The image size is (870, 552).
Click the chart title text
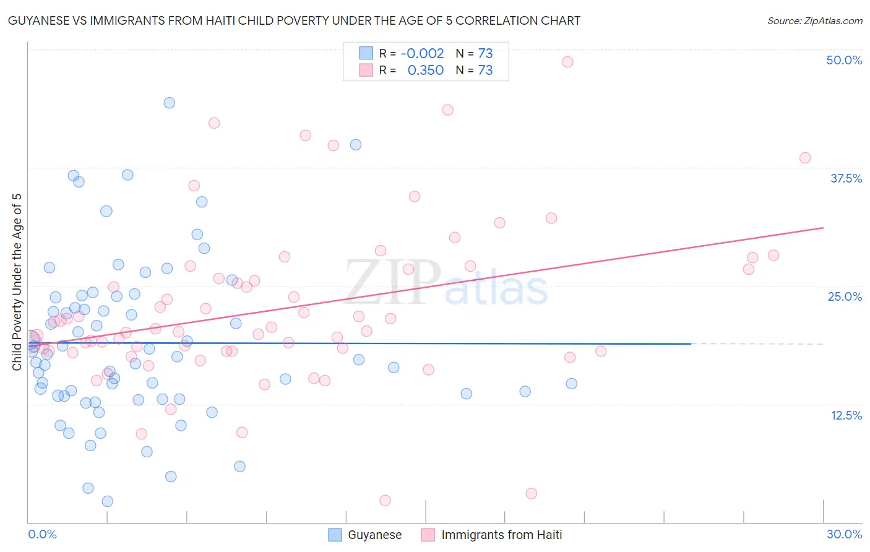(x=294, y=21)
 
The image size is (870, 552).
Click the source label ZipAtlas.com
(x=814, y=21)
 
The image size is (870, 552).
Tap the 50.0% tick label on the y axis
(x=844, y=60)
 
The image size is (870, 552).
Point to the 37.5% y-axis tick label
(x=846, y=178)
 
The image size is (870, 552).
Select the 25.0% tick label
(x=845, y=296)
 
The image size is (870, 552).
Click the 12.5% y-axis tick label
(x=846, y=415)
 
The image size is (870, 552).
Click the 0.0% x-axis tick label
(x=42, y=534)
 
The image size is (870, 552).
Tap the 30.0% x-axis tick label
(x=844, y=534)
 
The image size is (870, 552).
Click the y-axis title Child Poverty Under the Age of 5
(x=17, y=282)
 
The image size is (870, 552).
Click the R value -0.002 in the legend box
(x=422, y=54)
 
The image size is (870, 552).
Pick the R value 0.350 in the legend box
(x=425, y=71)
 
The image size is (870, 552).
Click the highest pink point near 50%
(x=567, y=62)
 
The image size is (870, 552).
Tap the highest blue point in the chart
(x=169, y=103)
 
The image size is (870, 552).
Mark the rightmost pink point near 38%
(x=805, y=158)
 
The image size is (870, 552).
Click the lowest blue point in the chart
(x=107, y=501)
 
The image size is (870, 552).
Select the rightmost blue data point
(x=572, y=384)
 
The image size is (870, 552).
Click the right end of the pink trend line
(x=824, y=228)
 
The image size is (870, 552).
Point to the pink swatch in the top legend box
(x=366, y=71)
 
